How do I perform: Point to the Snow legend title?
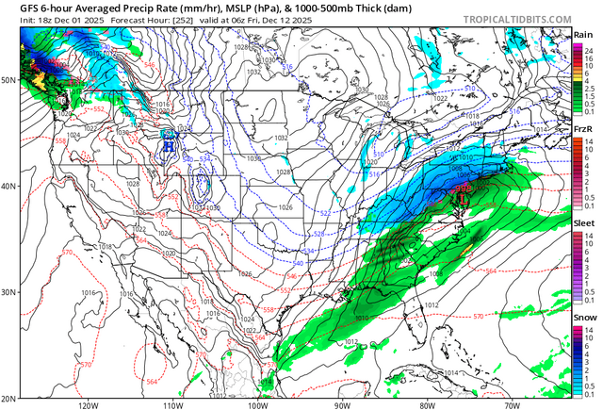584,320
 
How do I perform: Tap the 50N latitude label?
8,81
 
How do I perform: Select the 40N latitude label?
8,186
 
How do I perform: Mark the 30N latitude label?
8,292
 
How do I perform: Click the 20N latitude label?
8,398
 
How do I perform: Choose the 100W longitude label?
257,404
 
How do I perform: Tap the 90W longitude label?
342,404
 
